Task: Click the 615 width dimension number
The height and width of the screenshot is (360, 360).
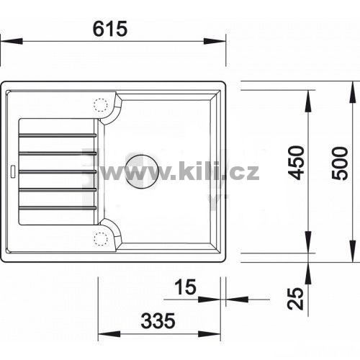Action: [x=110, y=29]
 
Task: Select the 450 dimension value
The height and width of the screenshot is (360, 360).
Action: [x=297, y=163]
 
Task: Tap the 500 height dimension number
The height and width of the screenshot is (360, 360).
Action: [x=340, y=163]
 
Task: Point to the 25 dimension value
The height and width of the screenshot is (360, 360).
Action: [x=296, y=298]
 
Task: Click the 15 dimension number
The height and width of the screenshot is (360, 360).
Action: [x=185, y=287]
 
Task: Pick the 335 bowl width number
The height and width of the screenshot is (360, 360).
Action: [x=158, y=320]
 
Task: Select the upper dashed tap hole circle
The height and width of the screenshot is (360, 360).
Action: [x=100, y=105]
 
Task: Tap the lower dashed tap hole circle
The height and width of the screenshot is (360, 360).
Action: [x=101, y=239]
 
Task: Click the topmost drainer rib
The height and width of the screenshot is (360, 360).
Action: [x=58, y=135]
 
